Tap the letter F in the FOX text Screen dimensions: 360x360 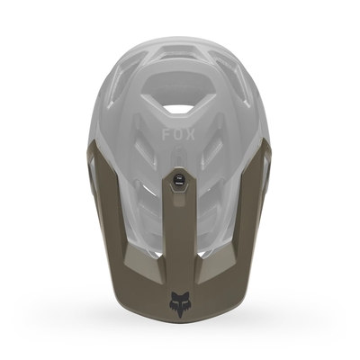click(x=166, y=135)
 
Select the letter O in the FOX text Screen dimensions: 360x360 click(x=178, y=135)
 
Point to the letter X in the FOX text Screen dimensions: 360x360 click(x=191, y=135)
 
